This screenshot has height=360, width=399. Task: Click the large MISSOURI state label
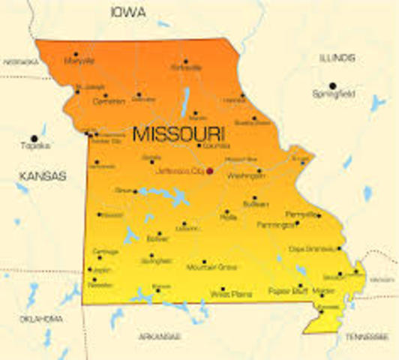[x=178, y=135]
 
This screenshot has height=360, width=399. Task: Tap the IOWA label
[x=128, y=12]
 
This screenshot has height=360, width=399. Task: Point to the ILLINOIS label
[x=337, y=58]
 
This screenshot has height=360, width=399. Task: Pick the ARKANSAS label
[x=160, y=337]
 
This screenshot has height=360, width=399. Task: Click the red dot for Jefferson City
[x=210, y=171]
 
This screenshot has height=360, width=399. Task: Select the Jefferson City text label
[x=181, y=171]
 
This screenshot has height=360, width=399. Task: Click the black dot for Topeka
[x=34, y=138]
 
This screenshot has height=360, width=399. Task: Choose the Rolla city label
[x=228, y=219]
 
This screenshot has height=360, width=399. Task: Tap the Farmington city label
[x=276, y=224]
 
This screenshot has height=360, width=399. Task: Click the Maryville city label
[x=79, y=61]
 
